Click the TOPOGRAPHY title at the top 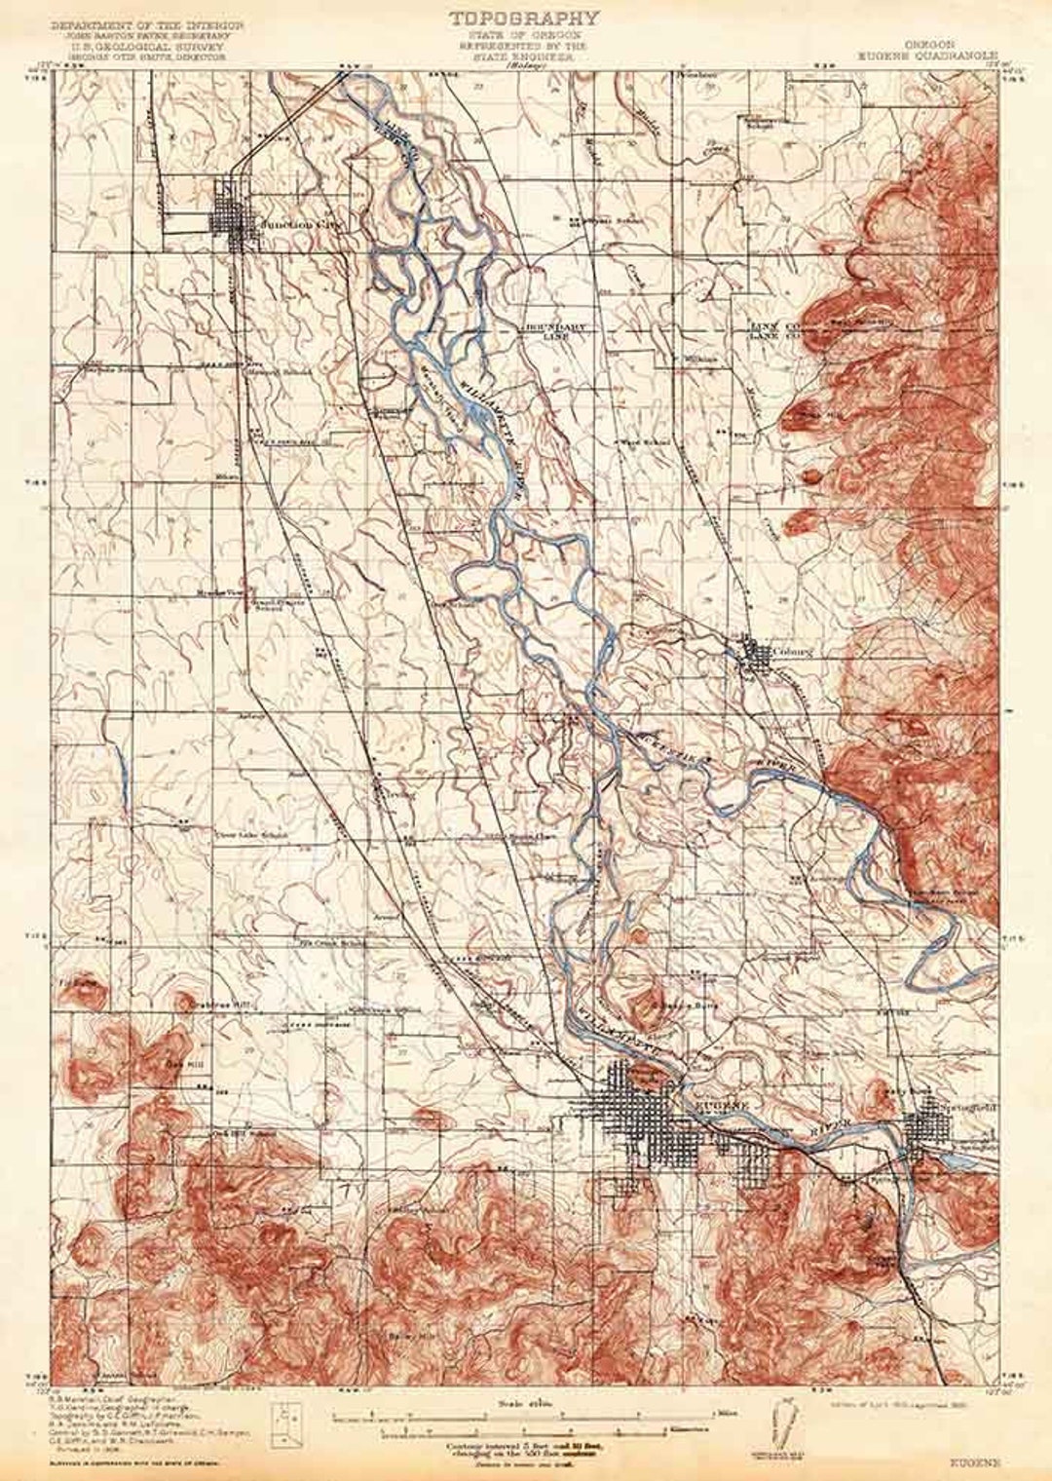click(x=524, y=17)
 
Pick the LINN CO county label click(x=772, y=325)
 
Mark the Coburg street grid click(x=756, y=652)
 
